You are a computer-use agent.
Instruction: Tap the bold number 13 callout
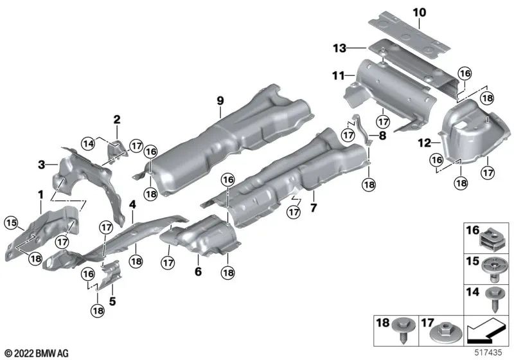coord(339,48)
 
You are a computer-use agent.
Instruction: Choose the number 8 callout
coord(384,136)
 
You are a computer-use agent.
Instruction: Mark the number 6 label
coord(198,273)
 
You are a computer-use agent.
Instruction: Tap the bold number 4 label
coord(132,205)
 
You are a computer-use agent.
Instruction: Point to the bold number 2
coord(117,120)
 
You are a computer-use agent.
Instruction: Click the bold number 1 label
coord(40,194)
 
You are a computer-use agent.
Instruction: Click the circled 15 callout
coord(10,222)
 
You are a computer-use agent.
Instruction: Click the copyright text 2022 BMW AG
coord(36,353)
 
